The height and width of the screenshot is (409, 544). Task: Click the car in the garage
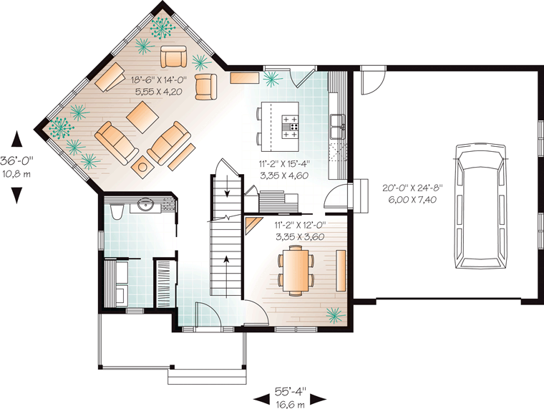480,206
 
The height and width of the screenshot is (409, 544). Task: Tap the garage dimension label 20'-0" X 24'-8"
413,188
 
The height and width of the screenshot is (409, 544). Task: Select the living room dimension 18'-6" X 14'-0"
159,80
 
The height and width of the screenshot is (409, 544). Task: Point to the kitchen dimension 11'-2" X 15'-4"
284,163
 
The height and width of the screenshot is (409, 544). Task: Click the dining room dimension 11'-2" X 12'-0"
301,226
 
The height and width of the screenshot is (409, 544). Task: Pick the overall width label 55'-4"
291,392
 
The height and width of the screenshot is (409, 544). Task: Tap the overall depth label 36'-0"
16,160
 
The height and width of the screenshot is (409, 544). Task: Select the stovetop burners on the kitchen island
290,127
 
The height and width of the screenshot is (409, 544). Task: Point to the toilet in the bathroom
116,211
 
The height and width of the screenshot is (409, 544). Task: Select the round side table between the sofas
142,167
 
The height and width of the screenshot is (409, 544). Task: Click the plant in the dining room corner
335,314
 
